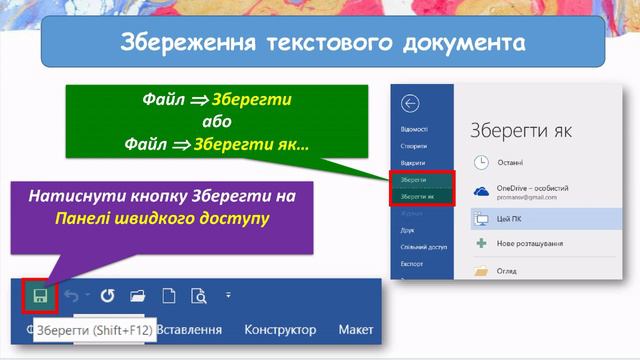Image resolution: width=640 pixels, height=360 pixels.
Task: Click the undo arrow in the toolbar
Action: (71, 295)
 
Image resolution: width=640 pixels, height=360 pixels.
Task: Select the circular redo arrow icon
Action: (107, 295)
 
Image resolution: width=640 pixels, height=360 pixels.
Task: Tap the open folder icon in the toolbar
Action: (138, 295)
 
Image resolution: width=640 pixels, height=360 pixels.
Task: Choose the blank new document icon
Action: (169, 295)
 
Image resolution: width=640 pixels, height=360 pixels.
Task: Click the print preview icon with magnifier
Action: (198, 295)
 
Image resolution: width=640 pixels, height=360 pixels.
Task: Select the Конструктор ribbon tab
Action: (280, 329)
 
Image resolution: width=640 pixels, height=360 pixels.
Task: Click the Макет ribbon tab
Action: (355, 329)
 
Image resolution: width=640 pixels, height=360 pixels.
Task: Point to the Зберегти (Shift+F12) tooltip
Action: (94, 330)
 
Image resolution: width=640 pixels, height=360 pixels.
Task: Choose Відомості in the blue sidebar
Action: (413, 129)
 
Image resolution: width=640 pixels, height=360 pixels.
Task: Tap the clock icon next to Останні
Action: (481, 160)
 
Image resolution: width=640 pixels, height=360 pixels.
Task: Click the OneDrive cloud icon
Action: (481, 191)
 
